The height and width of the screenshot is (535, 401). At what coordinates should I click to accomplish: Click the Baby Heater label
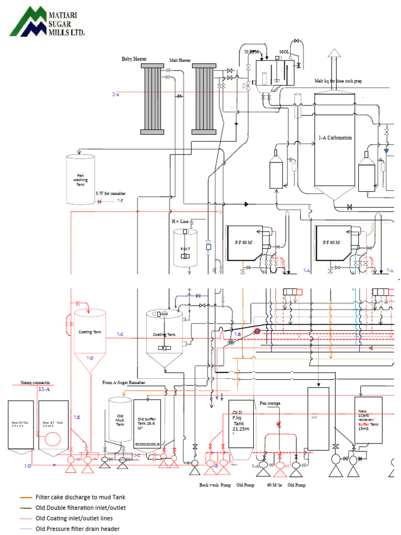(134, 59)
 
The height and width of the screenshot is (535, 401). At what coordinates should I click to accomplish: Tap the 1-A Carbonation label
(335, 138)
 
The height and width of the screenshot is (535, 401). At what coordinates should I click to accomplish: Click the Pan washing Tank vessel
(80, 179)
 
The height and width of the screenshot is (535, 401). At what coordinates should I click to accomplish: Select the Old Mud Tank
(120, 421)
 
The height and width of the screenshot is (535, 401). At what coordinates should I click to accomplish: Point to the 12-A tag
(44, 389)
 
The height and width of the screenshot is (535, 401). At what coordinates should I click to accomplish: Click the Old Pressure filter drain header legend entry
(77, 529)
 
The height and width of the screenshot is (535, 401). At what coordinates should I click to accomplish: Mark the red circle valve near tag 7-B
(257, 331)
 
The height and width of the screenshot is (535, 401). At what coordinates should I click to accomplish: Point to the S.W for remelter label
(110, 193)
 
